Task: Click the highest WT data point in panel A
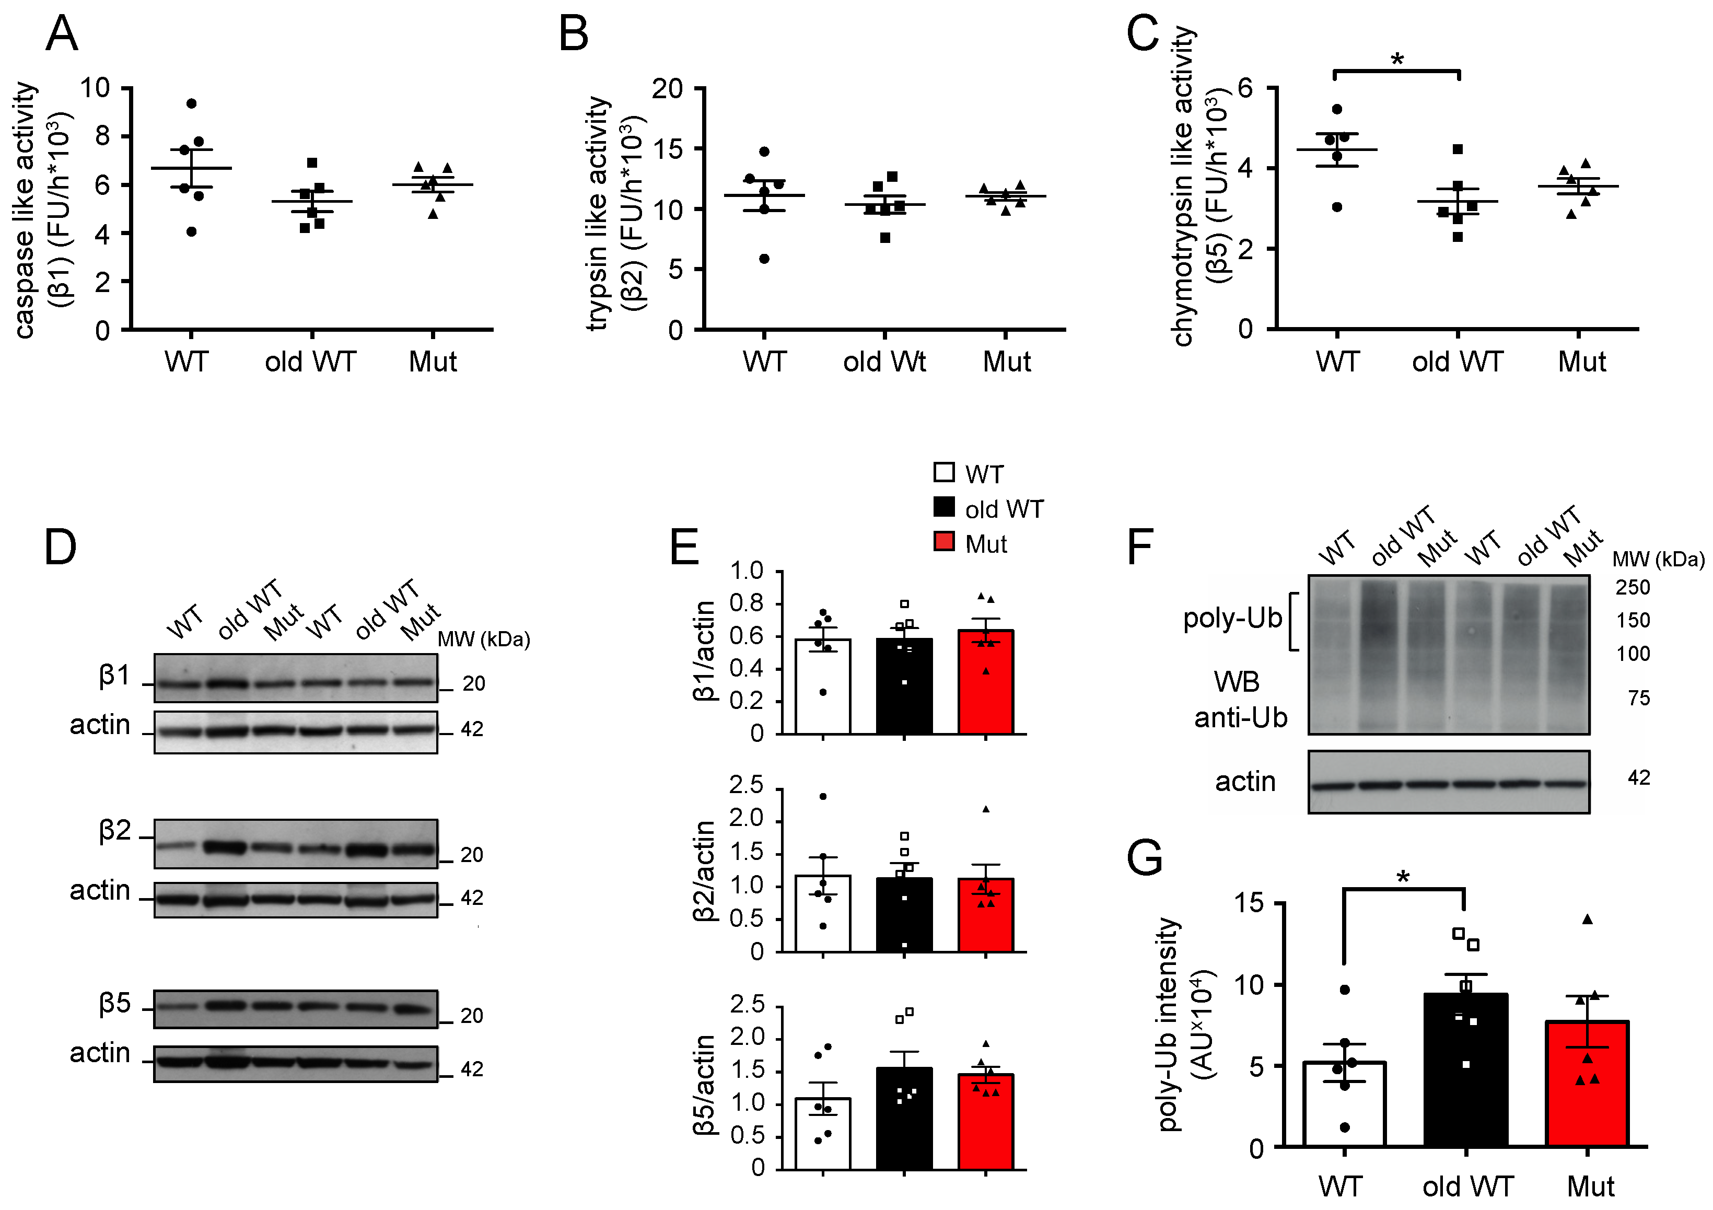[x=192, y=103]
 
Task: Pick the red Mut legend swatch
[x=944, y=542]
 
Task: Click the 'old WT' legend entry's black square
[x=944, y=507]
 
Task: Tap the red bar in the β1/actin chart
[x=986, y=682]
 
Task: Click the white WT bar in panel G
[x=1344, y=1104]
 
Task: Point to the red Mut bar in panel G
[x=1587, y=1086]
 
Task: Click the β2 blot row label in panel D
[x=115, y=830]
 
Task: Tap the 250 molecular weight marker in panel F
[x=1633, y=588]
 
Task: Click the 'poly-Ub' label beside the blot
[x=1232, y=619]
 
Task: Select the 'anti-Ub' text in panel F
[x=1241, y=718]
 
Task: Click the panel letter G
[x=1145, y=858]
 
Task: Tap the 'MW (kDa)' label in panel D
[x=483, y=639]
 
